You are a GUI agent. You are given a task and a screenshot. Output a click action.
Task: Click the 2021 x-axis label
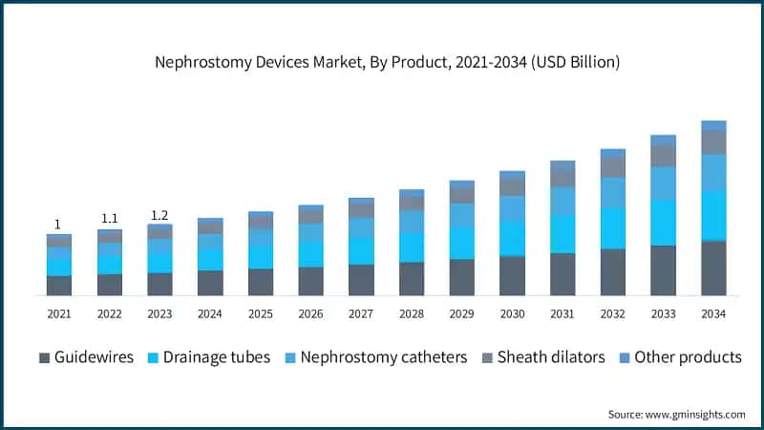(x=59, y=314)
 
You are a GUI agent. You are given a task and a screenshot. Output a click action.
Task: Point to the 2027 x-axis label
(x=361, y=314)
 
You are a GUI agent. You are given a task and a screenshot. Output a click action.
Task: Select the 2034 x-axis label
(x=713, y=314)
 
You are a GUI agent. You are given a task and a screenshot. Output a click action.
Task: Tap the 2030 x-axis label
(x=512, y=314)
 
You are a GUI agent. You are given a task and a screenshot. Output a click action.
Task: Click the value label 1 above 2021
(x=57, y=225)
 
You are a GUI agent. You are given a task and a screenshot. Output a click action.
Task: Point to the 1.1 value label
(x=109, y=219)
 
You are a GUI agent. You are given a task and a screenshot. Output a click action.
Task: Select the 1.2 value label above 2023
(x=159, y=214)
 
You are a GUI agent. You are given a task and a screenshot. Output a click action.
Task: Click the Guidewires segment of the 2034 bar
(x=713, y=268)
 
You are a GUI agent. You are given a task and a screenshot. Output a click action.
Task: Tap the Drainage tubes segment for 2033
(x=663, y=223)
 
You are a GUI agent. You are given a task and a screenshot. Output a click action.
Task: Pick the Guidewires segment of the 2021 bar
(x=59, y=285)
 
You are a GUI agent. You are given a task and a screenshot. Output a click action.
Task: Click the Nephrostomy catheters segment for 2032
(x=612, y=193)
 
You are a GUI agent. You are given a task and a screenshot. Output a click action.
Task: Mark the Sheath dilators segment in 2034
(x=713, y=142)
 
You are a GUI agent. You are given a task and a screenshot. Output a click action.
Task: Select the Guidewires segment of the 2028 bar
(x=412, y=278)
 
